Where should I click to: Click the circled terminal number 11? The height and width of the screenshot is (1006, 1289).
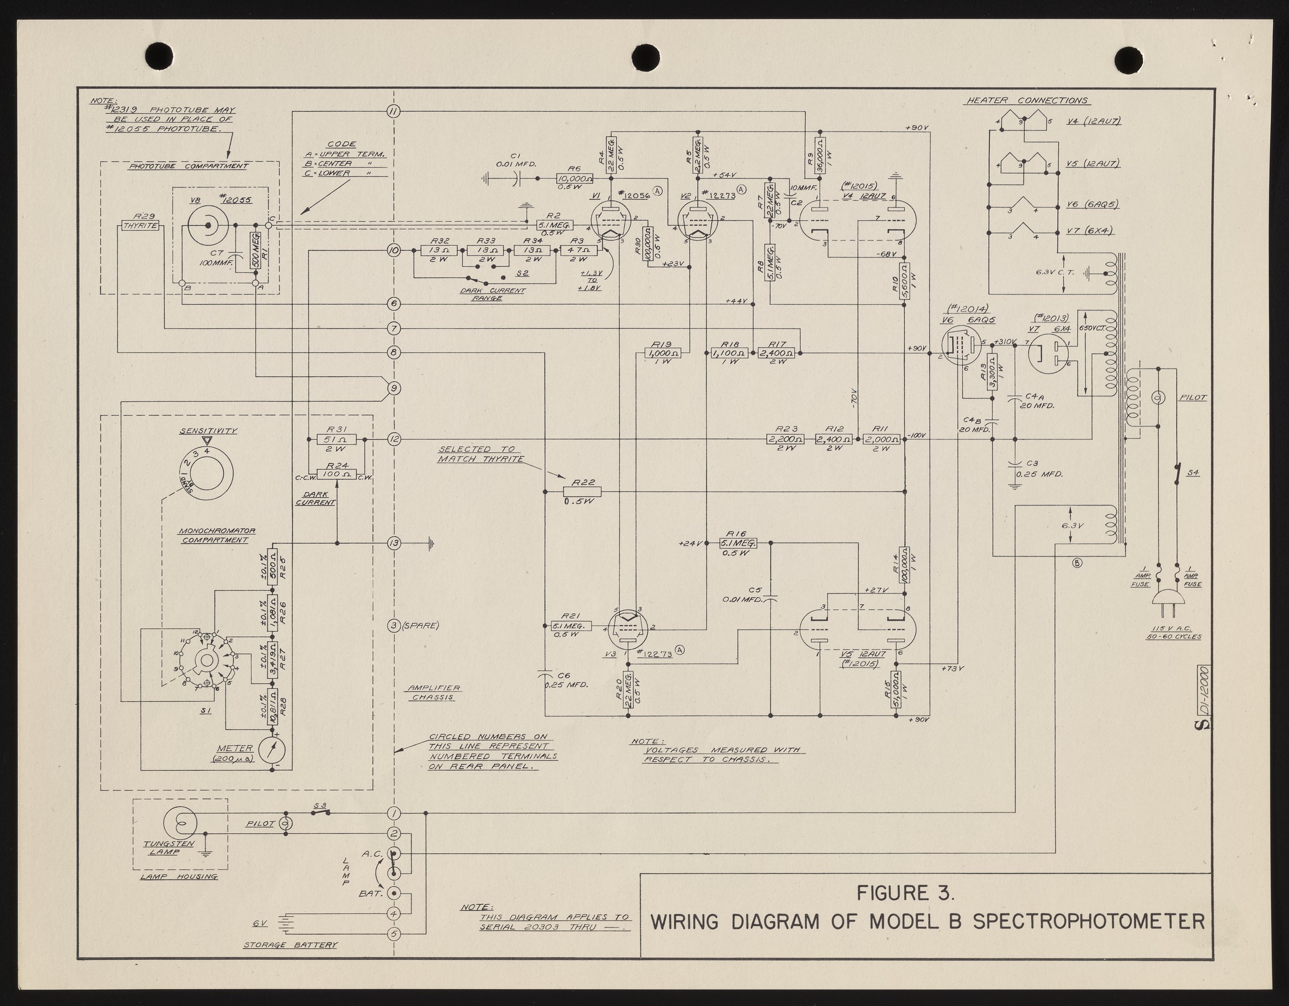[394, 111]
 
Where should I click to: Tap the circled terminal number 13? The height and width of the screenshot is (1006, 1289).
[394, 543]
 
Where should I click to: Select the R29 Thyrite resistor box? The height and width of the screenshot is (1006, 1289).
[141, 226]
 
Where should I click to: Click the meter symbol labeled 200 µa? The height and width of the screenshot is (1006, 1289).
[272, 750]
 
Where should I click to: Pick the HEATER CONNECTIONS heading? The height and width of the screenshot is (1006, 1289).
[1026, 101]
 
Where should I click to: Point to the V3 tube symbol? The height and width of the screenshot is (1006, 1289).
[628, 628]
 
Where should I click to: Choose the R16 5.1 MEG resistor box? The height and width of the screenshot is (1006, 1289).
[738, 543]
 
